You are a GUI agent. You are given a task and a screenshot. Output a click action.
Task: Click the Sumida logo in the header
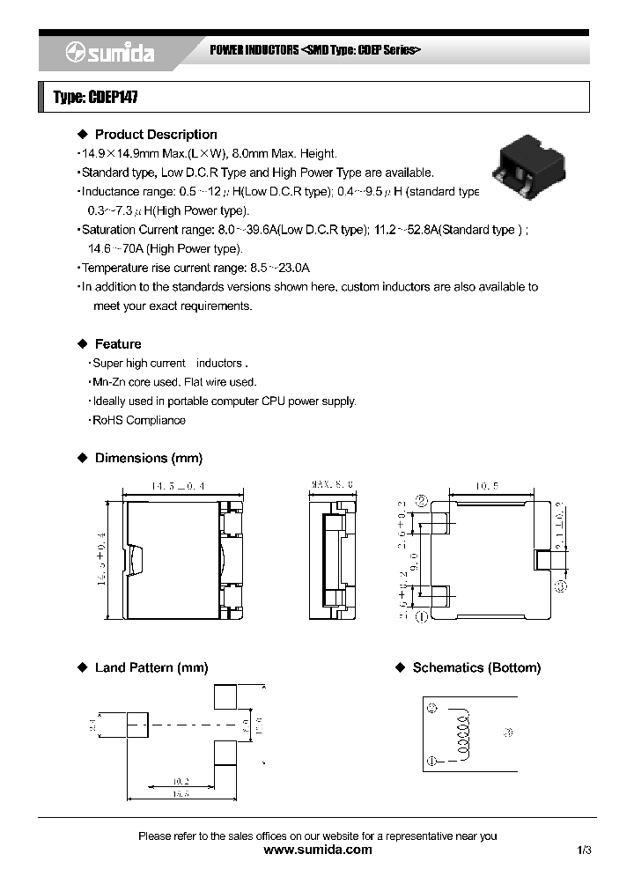coord(110,54)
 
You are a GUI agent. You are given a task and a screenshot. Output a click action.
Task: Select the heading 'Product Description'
coord(155,135)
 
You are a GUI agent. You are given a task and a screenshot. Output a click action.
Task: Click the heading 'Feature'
coord(118,344)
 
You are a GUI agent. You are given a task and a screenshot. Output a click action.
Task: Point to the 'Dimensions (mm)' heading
coord(148,459)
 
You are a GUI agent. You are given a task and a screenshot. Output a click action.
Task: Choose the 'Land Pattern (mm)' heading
coord(151,668)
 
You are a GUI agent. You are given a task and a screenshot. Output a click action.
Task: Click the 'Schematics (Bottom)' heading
coord(476,668)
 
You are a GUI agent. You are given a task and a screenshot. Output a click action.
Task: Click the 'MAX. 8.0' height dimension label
coord(332,484)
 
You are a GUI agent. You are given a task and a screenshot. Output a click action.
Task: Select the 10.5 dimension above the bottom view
coord(488,485)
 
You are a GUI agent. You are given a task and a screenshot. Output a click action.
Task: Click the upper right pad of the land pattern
coord(225,696)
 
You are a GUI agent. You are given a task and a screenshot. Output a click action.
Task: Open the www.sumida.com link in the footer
coord(318,850)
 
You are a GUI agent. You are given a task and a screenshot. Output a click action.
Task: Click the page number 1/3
coord(585,850)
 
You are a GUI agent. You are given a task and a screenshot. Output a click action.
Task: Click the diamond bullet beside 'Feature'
coord(83,344)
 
